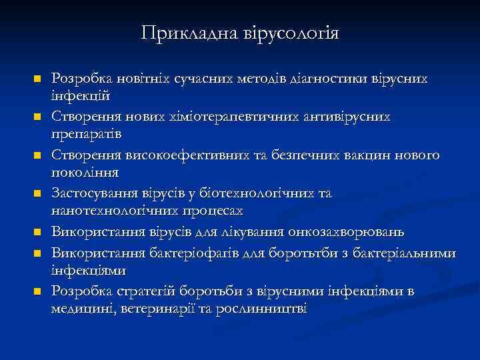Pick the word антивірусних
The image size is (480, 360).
(x=353, y=117)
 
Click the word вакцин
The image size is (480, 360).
(x=375, y=155)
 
